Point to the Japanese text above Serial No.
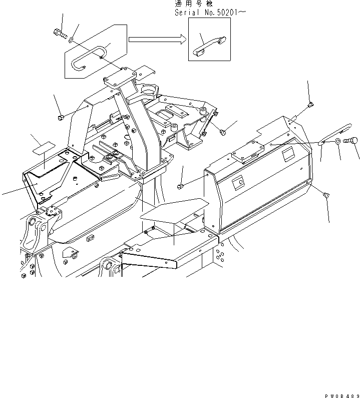click(x=192, y=4)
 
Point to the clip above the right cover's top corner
click(x=311, y=105)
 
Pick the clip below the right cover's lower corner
click(x=326, y=196)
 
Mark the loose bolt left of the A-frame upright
click(x=61, y=117)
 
